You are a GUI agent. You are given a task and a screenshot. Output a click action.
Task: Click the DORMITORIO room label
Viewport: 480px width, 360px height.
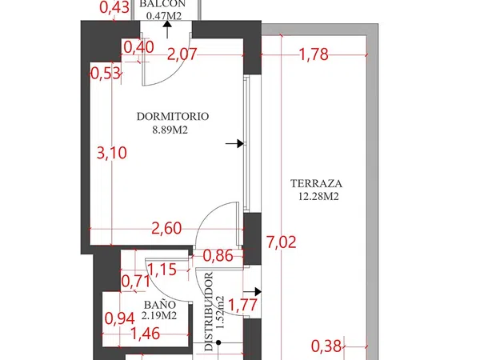point(173,117)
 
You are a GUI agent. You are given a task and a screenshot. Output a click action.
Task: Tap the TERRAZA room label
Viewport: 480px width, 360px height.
point(316,184)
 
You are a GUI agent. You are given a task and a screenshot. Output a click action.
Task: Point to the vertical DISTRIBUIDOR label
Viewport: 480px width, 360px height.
point(209,312)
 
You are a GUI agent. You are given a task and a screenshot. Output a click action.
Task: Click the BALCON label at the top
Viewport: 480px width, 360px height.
point(162,4)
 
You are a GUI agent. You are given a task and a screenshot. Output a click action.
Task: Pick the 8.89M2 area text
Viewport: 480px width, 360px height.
point(170,130)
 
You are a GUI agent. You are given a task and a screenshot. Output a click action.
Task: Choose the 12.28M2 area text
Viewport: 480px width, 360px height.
point(318,196)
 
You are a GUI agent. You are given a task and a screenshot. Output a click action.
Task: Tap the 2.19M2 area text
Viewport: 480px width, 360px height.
point(159,316)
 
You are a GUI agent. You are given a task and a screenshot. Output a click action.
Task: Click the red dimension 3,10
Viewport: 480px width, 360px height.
point(112,153)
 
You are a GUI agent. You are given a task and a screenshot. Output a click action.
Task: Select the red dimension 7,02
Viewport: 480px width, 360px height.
point(282,242)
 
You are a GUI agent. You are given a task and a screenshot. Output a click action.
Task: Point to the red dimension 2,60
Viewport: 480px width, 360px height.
point(167,228)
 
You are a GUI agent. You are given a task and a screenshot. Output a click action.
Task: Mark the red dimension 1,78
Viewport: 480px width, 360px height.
point(314,54)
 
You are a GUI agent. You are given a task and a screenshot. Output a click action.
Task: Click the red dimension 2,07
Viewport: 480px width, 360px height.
point(182,54)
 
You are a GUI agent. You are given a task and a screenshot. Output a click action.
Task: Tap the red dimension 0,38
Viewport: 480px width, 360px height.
point(326,346)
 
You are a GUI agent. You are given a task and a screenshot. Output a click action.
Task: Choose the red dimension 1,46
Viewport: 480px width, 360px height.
point(145,334)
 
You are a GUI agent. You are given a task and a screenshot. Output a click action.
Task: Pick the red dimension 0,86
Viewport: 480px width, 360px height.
point(218,256)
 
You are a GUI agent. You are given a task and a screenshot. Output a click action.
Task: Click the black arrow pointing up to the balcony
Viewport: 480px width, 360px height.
point(167,30)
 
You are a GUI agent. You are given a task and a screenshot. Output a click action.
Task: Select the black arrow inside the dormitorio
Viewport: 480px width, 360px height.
point(234,143)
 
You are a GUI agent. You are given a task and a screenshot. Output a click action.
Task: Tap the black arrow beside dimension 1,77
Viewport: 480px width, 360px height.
point(252,292)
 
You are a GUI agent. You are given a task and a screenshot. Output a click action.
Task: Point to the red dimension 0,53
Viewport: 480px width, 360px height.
point(106,74)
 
